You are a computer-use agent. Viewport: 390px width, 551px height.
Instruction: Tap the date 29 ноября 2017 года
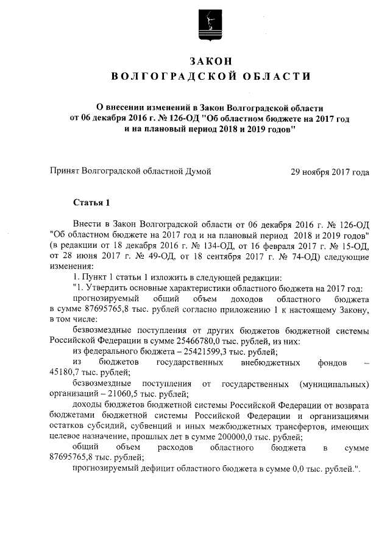point(330,172)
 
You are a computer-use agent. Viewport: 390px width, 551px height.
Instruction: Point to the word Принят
point(65,172)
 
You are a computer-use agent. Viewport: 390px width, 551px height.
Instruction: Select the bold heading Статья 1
point(91,202)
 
